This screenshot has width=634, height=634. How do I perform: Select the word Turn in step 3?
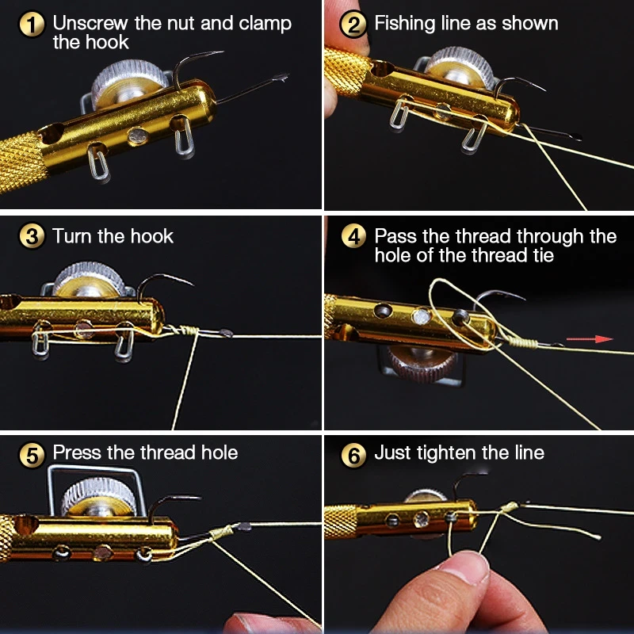click(x=72, y=236)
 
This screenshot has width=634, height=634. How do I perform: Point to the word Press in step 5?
click(x=77, y=453)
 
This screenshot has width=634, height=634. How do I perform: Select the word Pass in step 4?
click(x=396, y=236)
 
